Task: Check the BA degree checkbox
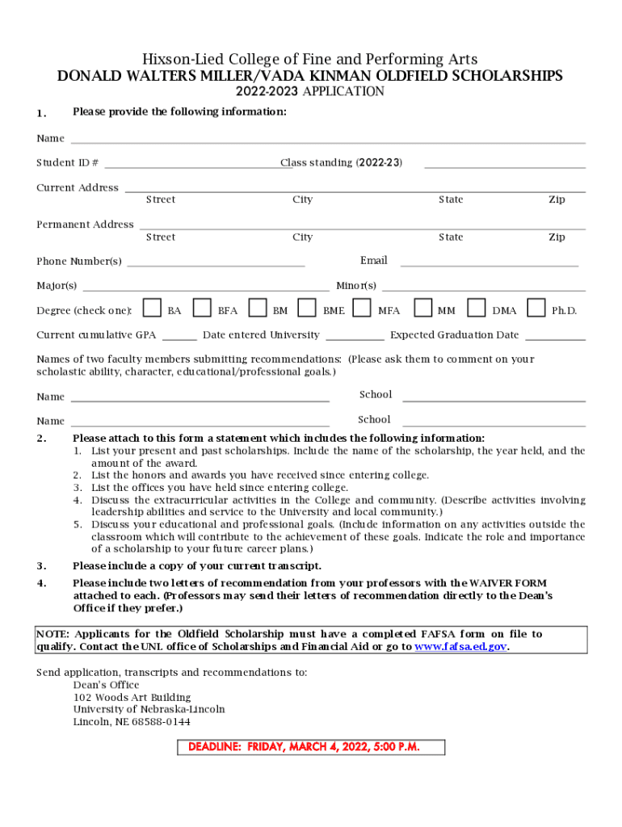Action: (151, 309)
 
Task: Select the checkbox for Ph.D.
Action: (535, 309)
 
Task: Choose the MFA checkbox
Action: (362, 309)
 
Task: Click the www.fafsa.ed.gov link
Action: (460, 647)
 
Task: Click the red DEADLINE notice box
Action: (310, 746)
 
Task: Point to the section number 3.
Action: (41, 566)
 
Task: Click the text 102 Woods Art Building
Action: (132, 697)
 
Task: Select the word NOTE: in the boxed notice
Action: (53, 634)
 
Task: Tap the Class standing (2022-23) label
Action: (341, 163)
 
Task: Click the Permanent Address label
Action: (85, 225)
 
